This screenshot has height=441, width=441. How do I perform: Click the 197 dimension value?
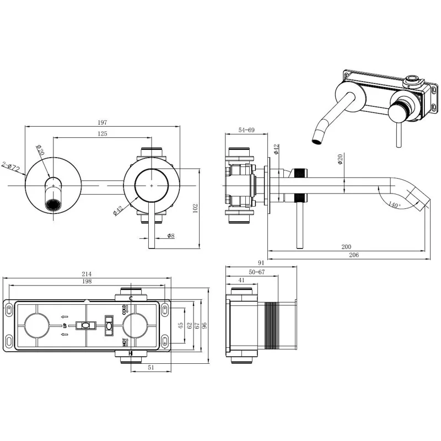tap(103, 122)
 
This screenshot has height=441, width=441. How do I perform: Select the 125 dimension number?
tap(103, 133)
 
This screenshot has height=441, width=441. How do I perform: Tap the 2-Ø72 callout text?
tap(10, 165)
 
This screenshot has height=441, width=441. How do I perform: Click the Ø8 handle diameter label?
tap(171, 236)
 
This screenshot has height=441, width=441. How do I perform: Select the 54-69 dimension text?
tap(246, 130)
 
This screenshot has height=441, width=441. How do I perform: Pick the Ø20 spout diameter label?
tap(340, 160)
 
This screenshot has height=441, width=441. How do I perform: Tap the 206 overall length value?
tap(354, 255)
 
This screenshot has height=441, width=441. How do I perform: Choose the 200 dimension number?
tap(347, 246)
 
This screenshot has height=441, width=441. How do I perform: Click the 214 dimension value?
tap(87, 274)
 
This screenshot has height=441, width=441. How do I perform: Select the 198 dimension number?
tap(87, 282)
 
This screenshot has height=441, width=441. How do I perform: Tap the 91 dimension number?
tap(261, 263)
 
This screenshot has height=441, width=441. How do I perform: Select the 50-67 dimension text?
tap(257, 272)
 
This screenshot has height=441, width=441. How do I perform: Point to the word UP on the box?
tap(64, 326)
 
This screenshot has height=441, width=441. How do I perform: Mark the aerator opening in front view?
tap(53, 205)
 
